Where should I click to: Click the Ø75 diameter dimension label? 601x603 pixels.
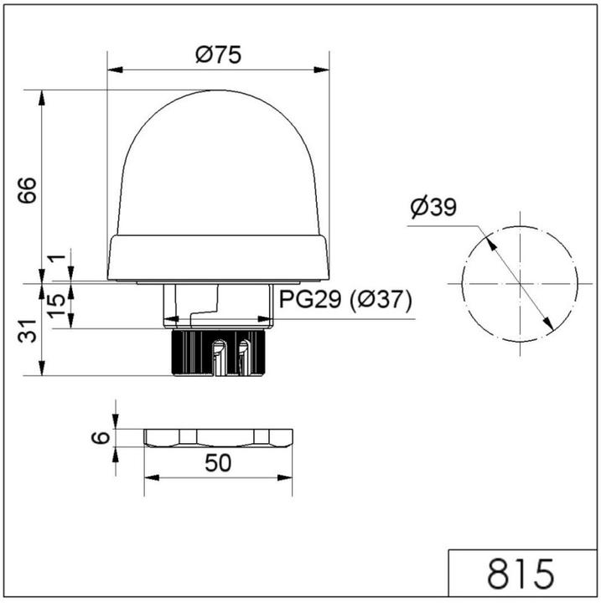coord(218,56)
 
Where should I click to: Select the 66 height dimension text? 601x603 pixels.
coord(27,191)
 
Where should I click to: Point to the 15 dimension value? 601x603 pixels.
coord(56,306)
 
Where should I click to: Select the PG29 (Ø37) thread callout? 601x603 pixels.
coord(345,301)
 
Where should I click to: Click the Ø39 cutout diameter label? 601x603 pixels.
coord(433,207)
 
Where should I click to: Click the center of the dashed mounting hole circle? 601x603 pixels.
coord(520,284)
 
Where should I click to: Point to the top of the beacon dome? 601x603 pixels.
coord(218,93)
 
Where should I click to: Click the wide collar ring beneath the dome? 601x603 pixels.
coord(218,256)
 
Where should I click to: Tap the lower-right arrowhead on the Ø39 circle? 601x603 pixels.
coord(548,324)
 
